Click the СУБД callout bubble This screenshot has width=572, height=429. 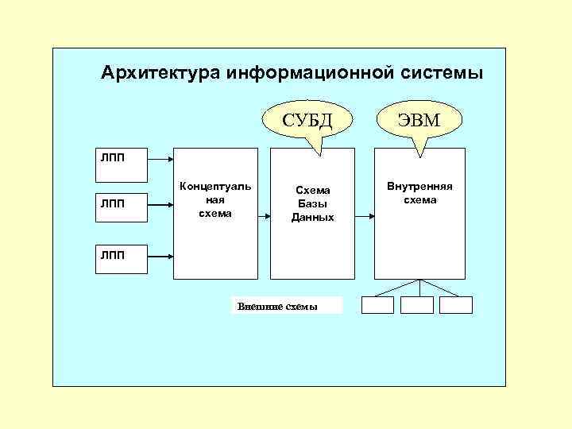tap(307, 120)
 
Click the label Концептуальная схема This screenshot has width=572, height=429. tap(215, 199)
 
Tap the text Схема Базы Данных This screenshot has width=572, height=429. tap(312, 204)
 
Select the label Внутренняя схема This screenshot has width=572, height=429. tap(419, 193)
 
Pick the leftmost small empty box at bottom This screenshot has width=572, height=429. tap(377, 305)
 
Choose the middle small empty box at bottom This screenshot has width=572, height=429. tap(417, 305)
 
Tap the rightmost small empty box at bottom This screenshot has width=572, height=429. tap(456, 305)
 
